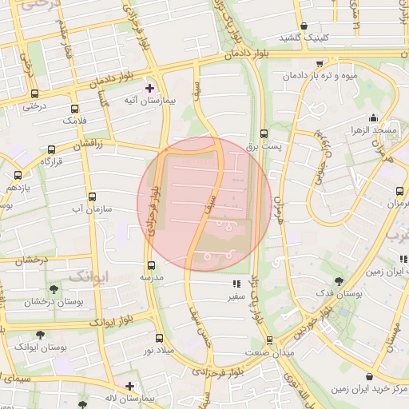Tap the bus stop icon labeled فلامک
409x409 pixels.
pyautogui.click(x=75, y=109)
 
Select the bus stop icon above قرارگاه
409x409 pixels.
pyautogui.click(x=52, y=149)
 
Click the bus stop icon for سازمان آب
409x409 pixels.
pyautogui.click(x=92, y=197)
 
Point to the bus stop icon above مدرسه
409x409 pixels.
pyautogui.click(x=150, y=265)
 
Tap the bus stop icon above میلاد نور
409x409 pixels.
pyautogui.click(x=158, y=338)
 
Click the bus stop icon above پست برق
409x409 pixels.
pyautogui.click(x=264, y=134)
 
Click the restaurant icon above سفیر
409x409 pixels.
pyautogui.click(x=235, y=284)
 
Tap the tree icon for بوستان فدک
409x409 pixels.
pyautogui.click(x=339, y=281)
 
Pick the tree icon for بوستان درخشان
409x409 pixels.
pyautogui.click(x=53, y=288)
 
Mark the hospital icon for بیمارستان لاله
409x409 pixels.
pyautogui.click(x=129, y=385)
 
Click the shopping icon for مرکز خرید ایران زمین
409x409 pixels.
pyautogui.click(x=368, y=376)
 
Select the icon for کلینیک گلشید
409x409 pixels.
pyautogui.click(x=304, y=26)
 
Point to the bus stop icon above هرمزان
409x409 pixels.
pyautogui.click(x=399, y=191)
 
